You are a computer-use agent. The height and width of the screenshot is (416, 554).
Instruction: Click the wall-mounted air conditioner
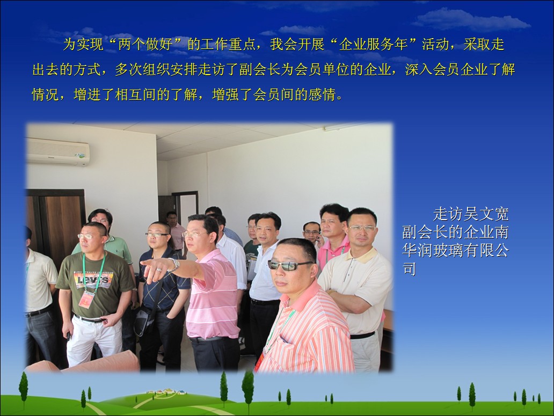click(59, 152)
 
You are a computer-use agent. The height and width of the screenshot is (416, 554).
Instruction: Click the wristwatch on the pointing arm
click(174, 264)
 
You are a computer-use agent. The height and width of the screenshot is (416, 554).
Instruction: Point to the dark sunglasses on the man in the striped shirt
click(288, 265)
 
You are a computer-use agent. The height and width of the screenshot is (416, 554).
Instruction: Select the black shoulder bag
click(145, 319)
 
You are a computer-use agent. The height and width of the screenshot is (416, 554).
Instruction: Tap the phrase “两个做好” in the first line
click(145, 45)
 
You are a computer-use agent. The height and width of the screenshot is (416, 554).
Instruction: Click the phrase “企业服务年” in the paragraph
click(374, 45)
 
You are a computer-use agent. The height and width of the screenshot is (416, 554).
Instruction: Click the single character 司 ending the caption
click(409, 269)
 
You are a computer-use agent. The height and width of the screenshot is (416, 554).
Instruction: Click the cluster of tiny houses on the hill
click(166, 392)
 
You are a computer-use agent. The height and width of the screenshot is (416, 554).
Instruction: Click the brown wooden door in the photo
click(56, 226)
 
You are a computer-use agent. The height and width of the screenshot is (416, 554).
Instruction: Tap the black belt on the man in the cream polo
click(362, 334)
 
